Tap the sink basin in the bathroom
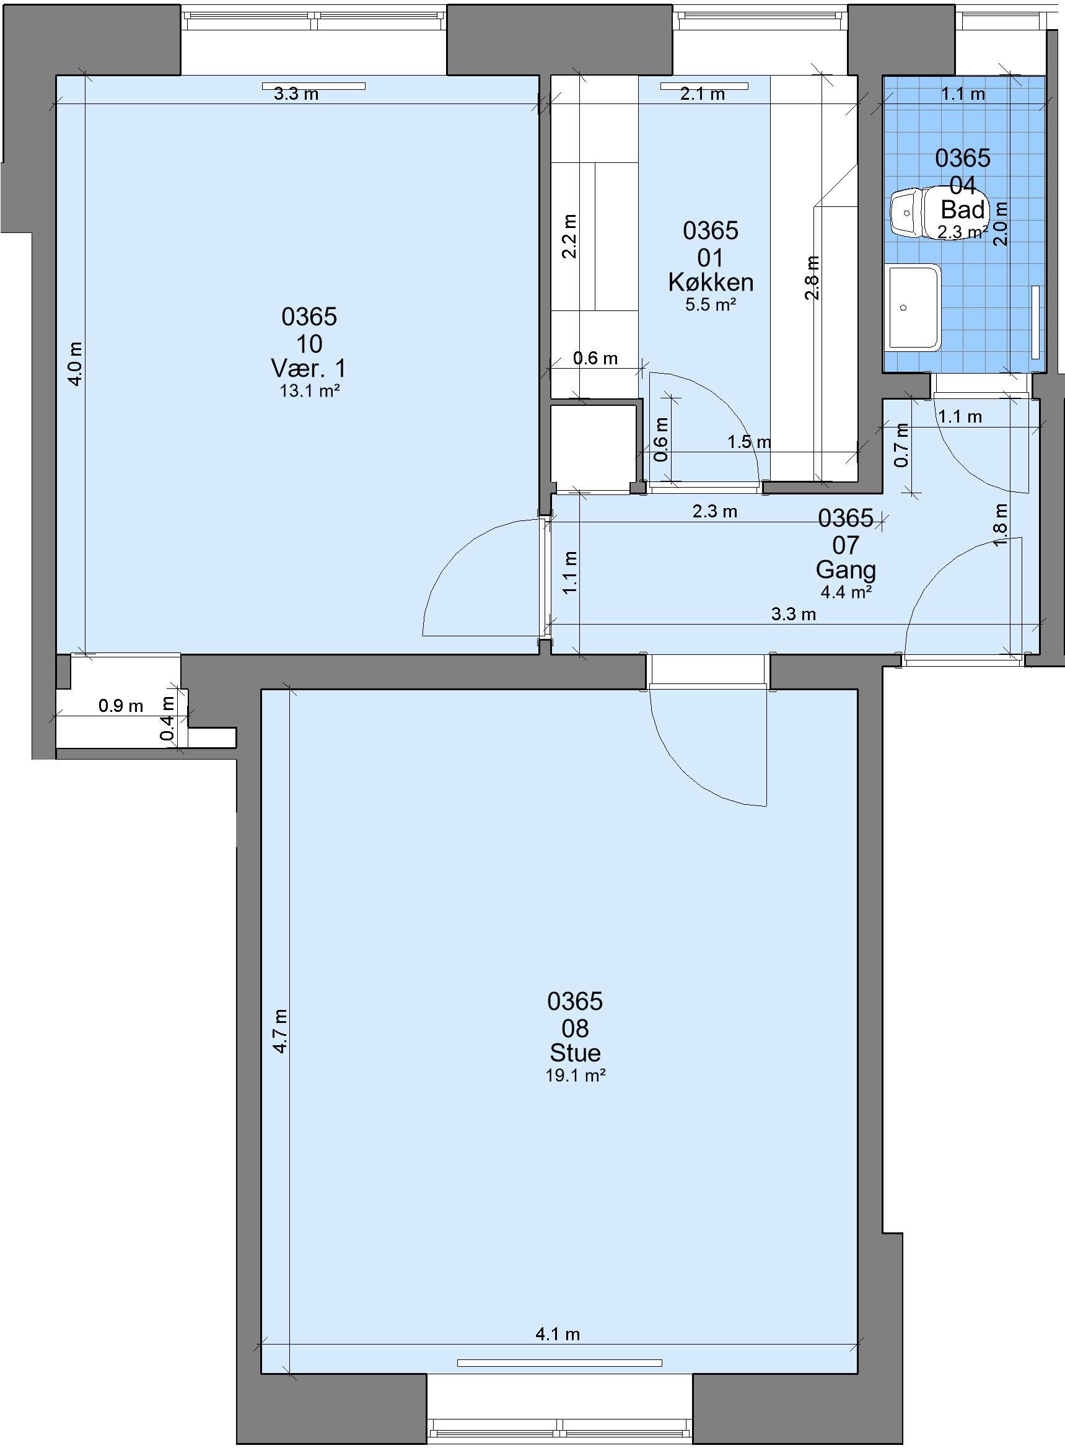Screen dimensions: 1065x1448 tap(913, 308)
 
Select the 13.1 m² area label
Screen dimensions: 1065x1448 tap(309, 391)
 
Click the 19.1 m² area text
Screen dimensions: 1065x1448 tap(575, 1076)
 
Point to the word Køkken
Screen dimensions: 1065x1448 tap(711, 283)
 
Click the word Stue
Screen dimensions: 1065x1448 tap(575, 1053)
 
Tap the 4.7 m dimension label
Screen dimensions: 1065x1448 tap(279, 1032)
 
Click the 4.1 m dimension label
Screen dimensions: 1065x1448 tap(558, 1334)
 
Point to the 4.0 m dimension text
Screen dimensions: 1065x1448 tap(76, 364)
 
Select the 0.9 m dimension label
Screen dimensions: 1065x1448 tap(121, 706)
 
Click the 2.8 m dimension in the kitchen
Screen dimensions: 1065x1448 tap(812, 278)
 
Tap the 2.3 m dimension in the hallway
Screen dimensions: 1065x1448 tap(715, 511)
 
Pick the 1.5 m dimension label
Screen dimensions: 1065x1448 tap(749, 442)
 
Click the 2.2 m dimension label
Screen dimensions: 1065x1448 tap(569, 237)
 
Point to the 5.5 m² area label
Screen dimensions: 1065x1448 tap(711, 304)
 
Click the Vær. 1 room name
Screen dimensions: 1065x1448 tap(309, 369)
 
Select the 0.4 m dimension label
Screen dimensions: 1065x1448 tap(167, 719)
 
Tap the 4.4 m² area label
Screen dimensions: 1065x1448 tap(846, 592)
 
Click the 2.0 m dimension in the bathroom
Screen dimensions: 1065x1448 tap(1000, 224)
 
